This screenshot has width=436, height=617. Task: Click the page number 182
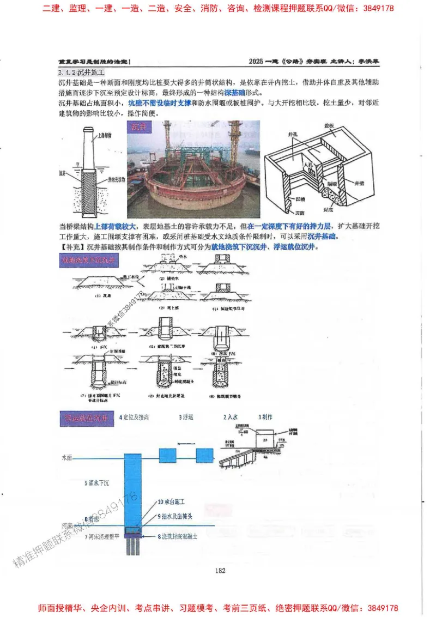pos(220,571)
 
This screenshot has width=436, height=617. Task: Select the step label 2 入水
pos(231,418)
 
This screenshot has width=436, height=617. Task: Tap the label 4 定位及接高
pos(135,418)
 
